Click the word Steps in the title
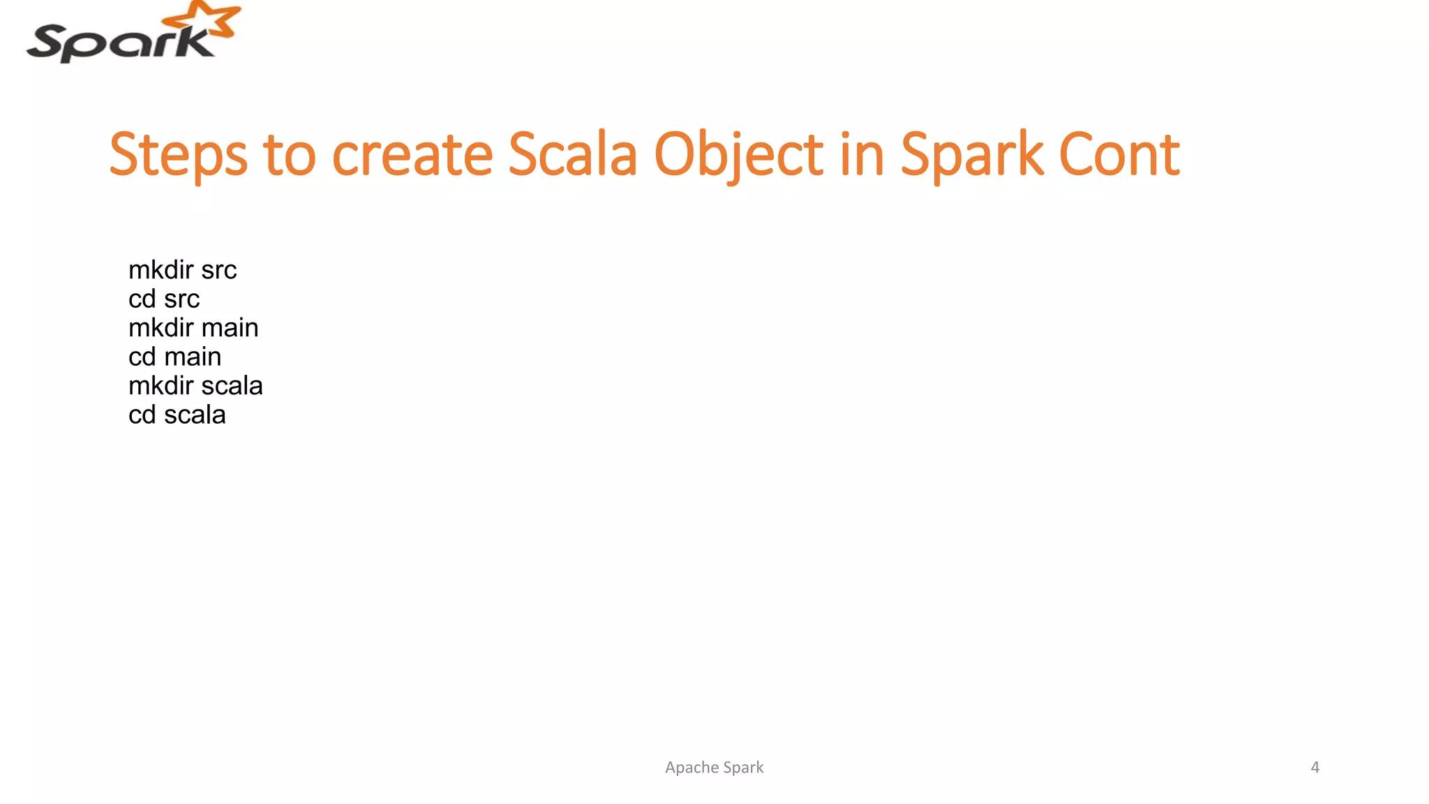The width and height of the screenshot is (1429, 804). [x=179, y=155]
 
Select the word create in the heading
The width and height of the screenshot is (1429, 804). [x=412, y=155]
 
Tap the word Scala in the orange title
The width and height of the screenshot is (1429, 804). [x=572, y=155]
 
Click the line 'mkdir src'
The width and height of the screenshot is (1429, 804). [x=183, y=270]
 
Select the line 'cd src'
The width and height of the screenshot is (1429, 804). [x=164, y=299]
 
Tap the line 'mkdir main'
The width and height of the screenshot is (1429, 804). [x=193, y=328]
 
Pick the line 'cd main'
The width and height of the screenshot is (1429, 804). [x=174, y=357]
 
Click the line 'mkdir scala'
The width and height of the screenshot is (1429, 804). [x=195, y=386]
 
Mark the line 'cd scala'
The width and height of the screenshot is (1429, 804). [x=177, y=415]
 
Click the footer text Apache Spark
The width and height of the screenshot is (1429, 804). [x=714, y=767]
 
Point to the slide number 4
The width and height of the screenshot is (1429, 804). [x=1315, y=767]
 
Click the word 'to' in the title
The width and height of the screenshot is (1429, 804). [x=289, y=155]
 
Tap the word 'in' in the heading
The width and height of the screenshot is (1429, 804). [x=862, y=155]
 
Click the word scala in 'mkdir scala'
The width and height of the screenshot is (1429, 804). [x=232, y=386]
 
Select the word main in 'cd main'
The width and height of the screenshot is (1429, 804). [x=193, y=357]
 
